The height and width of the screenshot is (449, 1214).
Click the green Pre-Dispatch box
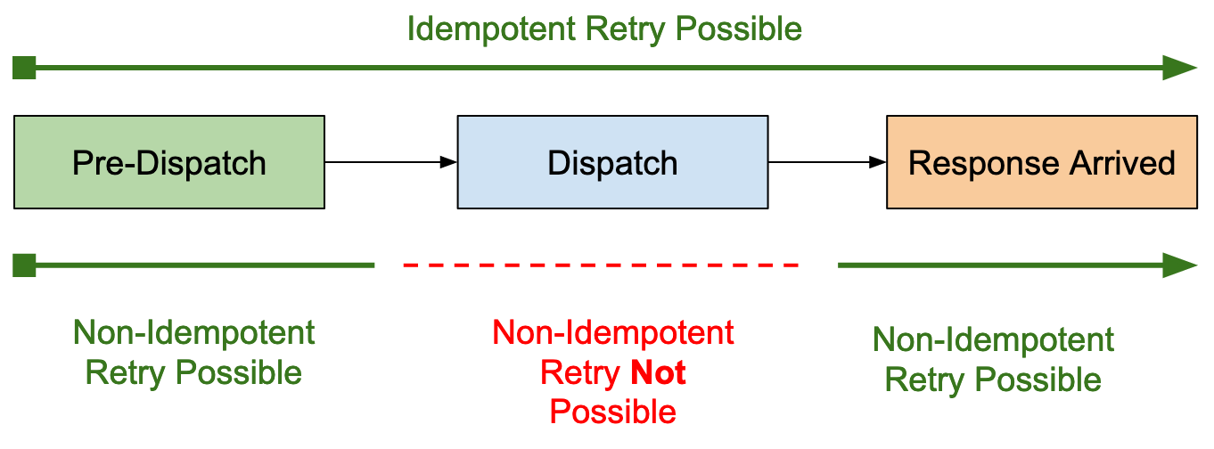pyautogui.click(x=169, y=162)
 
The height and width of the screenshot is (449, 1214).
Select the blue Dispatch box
pyautogui.click(x=612, y=162)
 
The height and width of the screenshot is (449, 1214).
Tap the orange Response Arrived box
pyautogui.click(x=1041, y=162)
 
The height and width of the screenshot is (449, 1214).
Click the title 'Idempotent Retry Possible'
pyautogui.click(x=604, y=29)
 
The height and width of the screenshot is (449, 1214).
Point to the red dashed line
pyautogui.click(x=601, y=265)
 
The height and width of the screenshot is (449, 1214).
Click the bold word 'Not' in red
pyautogui.click(x=658, y=372)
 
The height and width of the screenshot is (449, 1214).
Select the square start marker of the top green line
pyautogui.click(x=25, y=68)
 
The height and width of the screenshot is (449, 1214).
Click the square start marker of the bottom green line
pyautogui.click(x=25, y=265)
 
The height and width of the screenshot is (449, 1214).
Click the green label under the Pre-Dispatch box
pyautogui.click(x=193, y=353)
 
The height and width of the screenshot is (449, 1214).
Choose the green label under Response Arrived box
pyautogui.click(x=993, y=360)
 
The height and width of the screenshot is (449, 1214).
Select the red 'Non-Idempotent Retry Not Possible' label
pyautogui.click(x=612, y=372)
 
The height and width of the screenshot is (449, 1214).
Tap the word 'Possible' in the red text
pyautogui.click(x=612, y=412)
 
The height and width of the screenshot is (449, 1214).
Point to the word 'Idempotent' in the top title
pyautogui.click(x=491, y=29)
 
